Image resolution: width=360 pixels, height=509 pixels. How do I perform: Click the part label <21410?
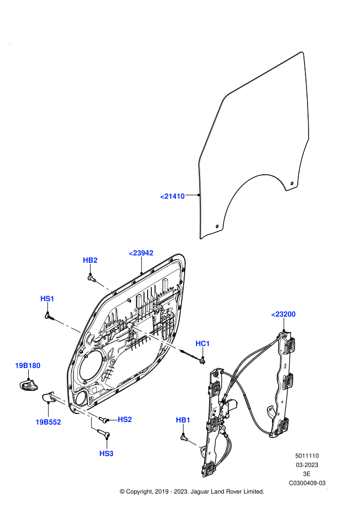pos(172,196)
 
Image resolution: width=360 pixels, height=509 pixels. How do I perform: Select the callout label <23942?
pos(141,253)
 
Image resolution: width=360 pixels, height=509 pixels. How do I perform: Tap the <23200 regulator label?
pos(283,314)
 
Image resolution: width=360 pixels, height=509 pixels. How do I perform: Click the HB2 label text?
pos(90,260)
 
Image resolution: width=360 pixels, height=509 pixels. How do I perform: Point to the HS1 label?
pos(47,298)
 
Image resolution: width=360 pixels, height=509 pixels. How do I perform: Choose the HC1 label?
pos(203,343)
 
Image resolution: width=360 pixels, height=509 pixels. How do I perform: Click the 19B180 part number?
pos(28,366)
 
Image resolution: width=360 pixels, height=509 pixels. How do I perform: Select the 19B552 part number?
pos(48,422)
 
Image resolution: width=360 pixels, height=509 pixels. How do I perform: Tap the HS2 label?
pos(124,420)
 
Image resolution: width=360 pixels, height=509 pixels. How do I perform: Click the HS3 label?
pos(106,453)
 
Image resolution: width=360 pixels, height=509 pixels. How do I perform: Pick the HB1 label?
pos(183,420)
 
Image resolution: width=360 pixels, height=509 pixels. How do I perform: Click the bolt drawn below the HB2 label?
pos(91,278)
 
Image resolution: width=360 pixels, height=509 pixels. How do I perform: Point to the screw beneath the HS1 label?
pos(50,316)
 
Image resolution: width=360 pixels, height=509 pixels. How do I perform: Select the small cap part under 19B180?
pos(28,385)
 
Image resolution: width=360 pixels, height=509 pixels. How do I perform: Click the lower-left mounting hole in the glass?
pos(217,226)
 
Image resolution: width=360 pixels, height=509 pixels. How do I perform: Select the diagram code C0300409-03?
pos(307,483)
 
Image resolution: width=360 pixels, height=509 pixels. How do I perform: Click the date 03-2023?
pos(307,465)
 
